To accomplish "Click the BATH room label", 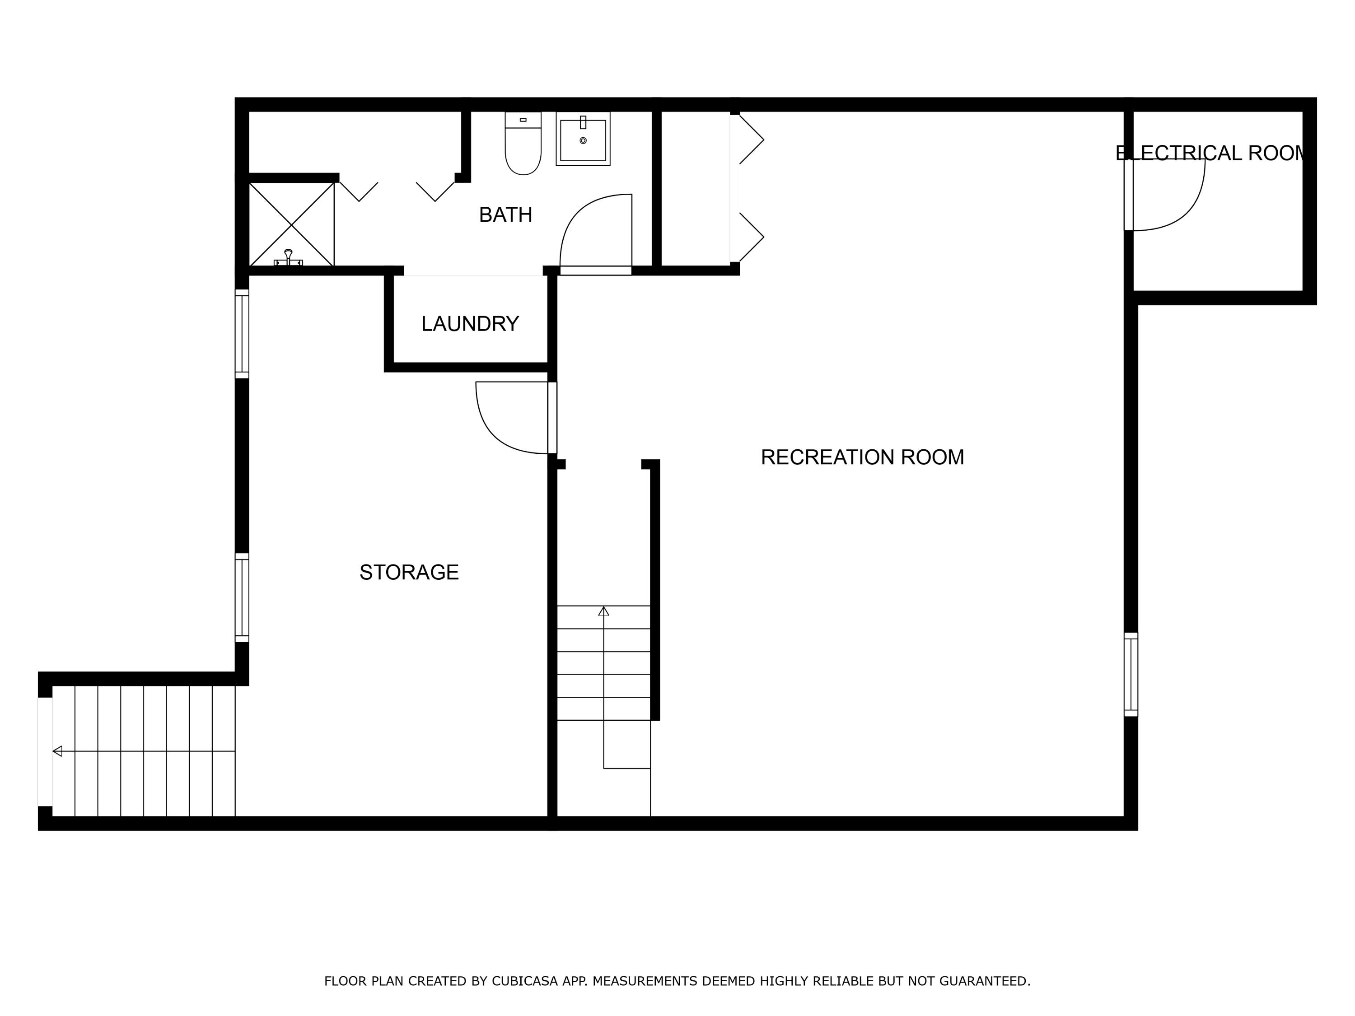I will click(x=505, y=215).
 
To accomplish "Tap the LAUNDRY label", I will click(x=470, y=324).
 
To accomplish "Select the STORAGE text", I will click(x=409, y=573).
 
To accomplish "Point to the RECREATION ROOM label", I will click(x=862, y=457).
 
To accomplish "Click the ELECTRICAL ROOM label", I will click(x=1210, y=153).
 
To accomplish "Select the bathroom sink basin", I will click(x=583, y=140).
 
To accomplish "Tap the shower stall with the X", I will click(x=292, y=224).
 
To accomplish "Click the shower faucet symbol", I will click(x=288, y=258).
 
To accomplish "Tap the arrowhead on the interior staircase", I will click(x=603, y=611).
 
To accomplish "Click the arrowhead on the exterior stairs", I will click(x=57, y=751).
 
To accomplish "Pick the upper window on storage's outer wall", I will click(x=242, y=334).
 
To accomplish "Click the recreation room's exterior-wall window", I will click(x=1131, y=674).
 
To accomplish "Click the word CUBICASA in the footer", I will click(x=524, y=982).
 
